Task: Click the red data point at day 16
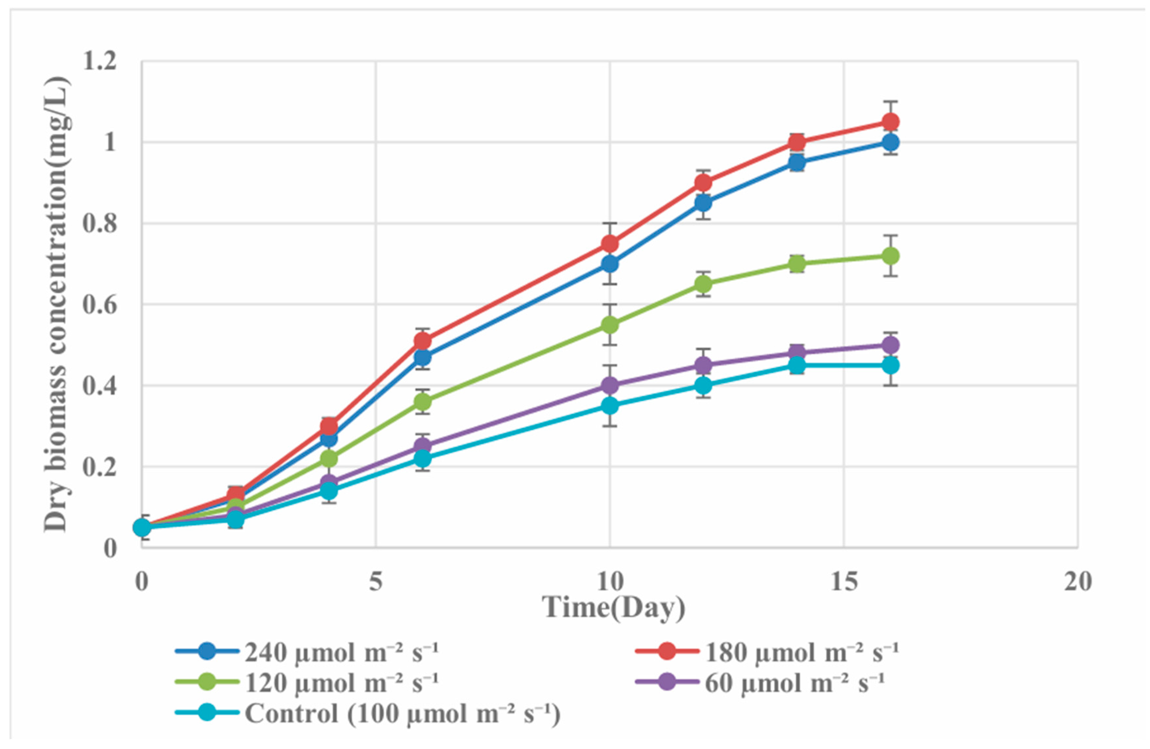point(890,122)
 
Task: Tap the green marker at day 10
point(610,325)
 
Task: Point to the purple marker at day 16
point(890,345)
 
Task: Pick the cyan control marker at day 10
point(610,405)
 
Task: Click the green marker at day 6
point(423,402)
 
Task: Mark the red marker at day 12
point(704,183)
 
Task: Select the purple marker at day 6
point(423,446)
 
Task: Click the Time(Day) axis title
point(614,607)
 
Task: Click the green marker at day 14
point(797,264)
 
